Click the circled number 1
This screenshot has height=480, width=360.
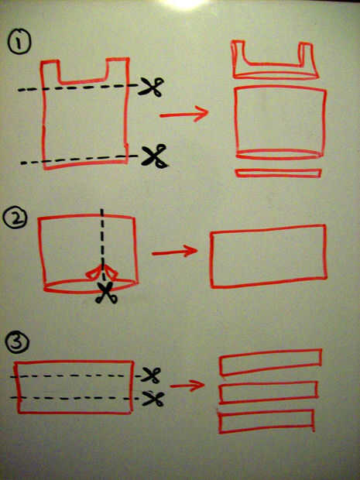point(19,42)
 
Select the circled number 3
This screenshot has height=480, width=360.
point(17,342)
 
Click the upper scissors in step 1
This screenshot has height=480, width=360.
point(151,87)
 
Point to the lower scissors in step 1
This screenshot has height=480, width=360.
point(155,156)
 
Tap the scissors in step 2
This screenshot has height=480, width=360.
point(106,293)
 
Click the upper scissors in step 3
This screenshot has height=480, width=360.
point(151,375)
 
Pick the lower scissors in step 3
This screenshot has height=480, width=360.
point(153,398)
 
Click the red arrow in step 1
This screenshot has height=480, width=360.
point(183,114)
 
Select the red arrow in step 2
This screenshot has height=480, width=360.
point(175,252)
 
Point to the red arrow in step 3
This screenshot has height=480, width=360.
point(187,386)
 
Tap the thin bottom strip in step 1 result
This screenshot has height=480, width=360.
point(278,173)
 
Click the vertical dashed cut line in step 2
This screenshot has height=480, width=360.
point(102,245)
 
